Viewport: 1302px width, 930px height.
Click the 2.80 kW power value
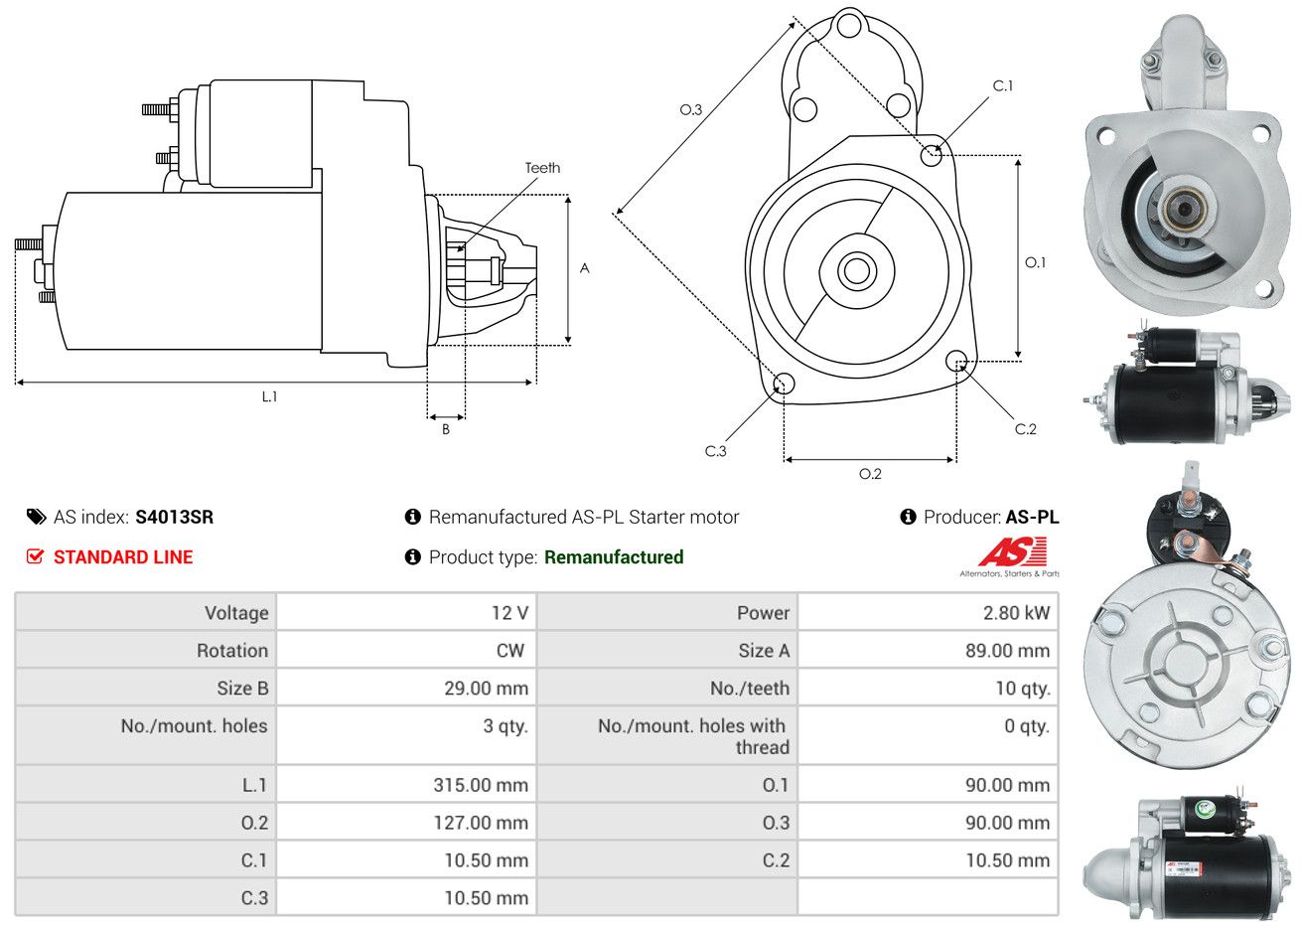(1016, 613)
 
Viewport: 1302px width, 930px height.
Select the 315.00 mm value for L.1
(481, 785)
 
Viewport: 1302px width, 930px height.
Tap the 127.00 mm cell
(481, 823)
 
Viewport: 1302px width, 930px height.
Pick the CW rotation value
(510, 651)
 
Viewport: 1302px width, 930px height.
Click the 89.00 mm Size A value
(1007, 651)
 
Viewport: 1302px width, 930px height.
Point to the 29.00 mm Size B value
(487, 689)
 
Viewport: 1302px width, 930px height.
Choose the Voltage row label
(236, 613)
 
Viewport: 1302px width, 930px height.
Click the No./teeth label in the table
(750, 689)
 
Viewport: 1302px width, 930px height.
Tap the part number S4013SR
(175, 517)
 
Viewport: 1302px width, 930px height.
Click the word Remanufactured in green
(614, 557)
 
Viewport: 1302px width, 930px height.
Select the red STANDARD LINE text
(123, 557)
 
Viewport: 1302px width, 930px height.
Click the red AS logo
(1013, 551)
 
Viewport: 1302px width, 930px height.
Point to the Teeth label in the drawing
(542, 168)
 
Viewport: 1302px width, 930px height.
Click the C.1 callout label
(1003, 86)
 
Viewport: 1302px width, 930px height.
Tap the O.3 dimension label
(691, 110)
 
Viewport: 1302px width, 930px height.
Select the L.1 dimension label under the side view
(270, 396)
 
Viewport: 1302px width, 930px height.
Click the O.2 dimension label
(870, 474)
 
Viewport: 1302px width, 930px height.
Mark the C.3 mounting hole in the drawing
(785, 384)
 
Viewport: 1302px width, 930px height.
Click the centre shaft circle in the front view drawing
(857, 271)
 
